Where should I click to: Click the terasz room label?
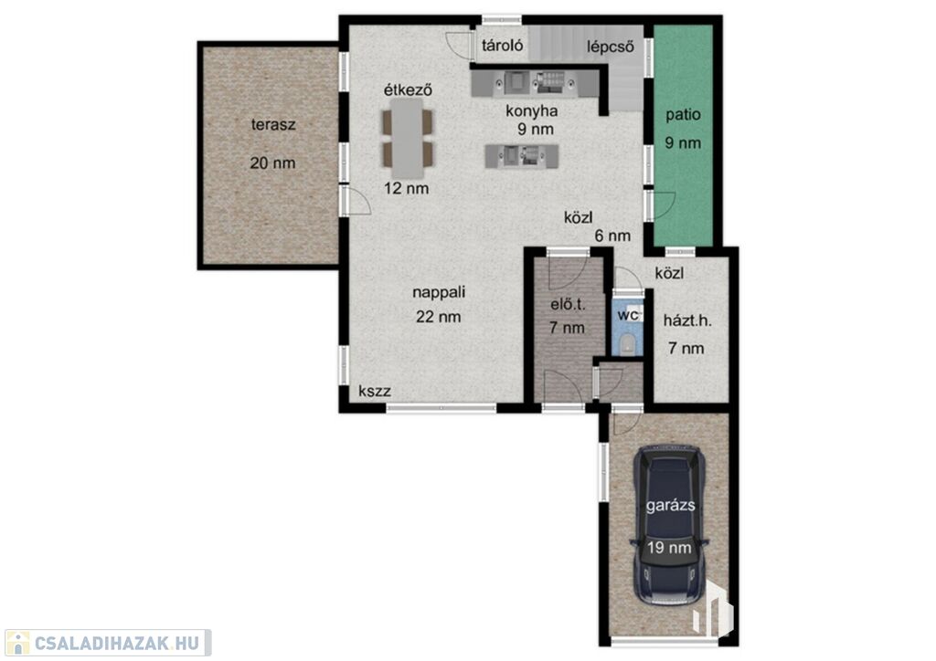[x=272, y=125]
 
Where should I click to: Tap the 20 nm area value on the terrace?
[x=272, y=163]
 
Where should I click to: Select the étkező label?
[x=408, y=90]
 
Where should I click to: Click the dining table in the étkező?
[x=408, y=138]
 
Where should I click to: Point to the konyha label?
[x=532, y=110]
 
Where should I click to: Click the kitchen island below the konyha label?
[x=522, y=156]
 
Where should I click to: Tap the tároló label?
[x=503, y=46]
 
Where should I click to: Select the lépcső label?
[x=610, y=47]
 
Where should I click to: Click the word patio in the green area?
[x=683, y=114]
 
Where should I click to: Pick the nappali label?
[x=439, y=293]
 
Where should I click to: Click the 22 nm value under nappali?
[x=439, y=317]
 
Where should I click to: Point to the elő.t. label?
[x=568, y=305]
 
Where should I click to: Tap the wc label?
[x=627, y=315]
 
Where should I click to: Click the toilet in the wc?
[x=627, y=345]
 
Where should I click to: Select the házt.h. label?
[x=687, y=321]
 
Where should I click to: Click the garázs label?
[x=670, y=506]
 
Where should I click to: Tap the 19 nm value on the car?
[x=669, y=547]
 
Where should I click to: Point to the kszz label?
[x=374, y=391]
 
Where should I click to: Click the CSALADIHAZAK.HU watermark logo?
[x=108, y=643]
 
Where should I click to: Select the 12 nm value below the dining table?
[x=407, y=189]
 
